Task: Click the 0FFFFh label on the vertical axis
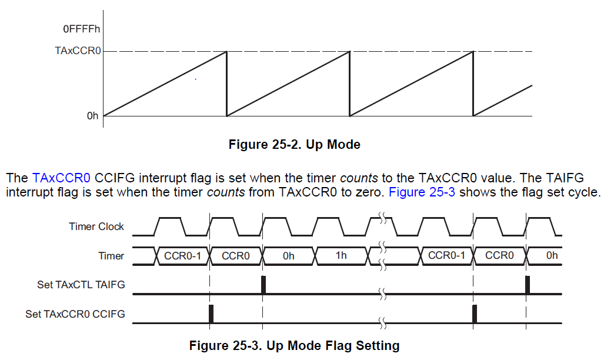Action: (x=81, y=29)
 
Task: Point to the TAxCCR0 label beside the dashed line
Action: (x=78, y=51)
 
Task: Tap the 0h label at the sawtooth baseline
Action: (x=93, y=116)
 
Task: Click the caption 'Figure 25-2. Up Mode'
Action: (x=295, y=144)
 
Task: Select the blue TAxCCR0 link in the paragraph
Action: (x=61, y=178)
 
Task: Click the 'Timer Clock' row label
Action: (x=96, y=226)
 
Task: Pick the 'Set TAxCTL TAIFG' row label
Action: (x=81, y=284)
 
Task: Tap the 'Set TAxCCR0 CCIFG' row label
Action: (x=75, y=314)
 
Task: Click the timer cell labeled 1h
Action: (x=341, y=256)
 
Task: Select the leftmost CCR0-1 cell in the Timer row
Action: (x=182, y=256)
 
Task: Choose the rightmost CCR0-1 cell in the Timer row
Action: (x=446, y=256)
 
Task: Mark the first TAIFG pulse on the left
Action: (x=263, y=285)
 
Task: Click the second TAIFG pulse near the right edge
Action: (x=528, y=285)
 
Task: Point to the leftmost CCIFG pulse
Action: (x=211, y=314)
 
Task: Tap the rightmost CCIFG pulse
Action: (x=475, y=314)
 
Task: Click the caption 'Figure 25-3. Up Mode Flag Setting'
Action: (x=295, y=345)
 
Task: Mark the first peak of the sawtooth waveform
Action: (x=227, y=51)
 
